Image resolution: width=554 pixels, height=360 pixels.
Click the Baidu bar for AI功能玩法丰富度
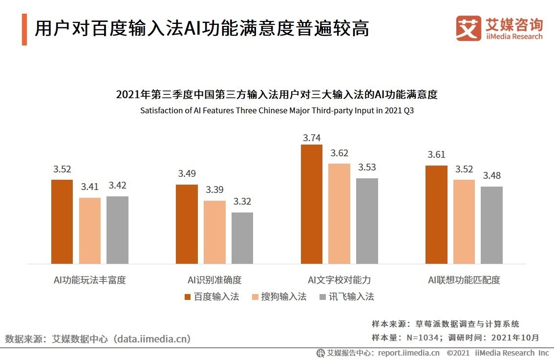pyautogui.click(x=62, y=222)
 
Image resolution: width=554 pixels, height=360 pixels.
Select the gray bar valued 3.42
pyautogui.click(x=117, y=230)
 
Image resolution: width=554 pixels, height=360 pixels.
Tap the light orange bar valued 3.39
pyautogui.click(x=214, y=232)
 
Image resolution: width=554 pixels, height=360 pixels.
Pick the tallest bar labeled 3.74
pyautogui.click(x=312, y=204)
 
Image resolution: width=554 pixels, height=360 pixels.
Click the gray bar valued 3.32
pyautogui.click(x=242, y=238)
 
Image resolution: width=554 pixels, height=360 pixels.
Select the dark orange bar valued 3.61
pyautogui.click(x=436, y=214)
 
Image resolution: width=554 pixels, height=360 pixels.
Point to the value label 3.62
pyautogui.click(x=339, y=153)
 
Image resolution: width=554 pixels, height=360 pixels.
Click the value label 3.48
pyautogui.click(x=491, y=176)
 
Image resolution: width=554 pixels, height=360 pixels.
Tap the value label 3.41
pyautogui.click(x=90, y=187)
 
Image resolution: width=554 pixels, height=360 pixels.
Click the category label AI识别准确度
pyautogui.click(x=214, y=280)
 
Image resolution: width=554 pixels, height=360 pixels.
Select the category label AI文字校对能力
pyautogui.click(x=339, y=280)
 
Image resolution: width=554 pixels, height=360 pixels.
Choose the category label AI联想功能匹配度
pyautogui.click(x=464, y=280)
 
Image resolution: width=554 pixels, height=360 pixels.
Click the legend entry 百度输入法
pyautogui.click(x=212, y=296)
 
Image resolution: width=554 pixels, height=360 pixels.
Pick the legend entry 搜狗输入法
pyautogui.click(x=279, y=296)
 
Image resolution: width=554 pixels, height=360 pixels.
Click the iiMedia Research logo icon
pyautogui.click(x=469, y=29)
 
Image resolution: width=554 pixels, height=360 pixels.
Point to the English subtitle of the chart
pyautogui.click(x=277, y=110)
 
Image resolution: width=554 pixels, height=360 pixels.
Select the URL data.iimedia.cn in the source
pyautogui.click(x=151, y=339)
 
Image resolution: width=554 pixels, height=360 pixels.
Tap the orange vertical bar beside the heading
pyautogui.click(x=24, y=30)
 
